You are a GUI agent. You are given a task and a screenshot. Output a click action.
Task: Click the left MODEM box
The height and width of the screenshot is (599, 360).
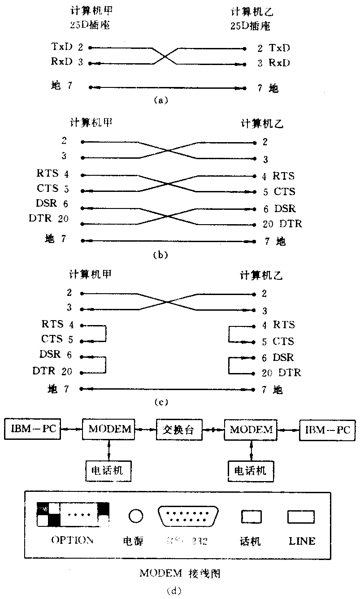pos(109,429)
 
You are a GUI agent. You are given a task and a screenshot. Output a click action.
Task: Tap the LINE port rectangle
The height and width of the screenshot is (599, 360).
pos(301,517)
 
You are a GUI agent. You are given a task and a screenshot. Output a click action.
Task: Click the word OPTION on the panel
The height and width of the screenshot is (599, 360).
pos(73,540)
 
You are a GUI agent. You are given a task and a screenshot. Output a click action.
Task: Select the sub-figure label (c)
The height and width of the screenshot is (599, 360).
pos(160,402)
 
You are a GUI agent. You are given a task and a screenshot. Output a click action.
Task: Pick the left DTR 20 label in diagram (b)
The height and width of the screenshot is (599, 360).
pos(53,219)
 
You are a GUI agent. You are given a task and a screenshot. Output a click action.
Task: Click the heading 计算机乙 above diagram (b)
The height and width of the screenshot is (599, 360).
pos(262,122)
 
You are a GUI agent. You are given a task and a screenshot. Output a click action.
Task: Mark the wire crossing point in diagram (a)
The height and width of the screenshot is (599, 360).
pos(166,56)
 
